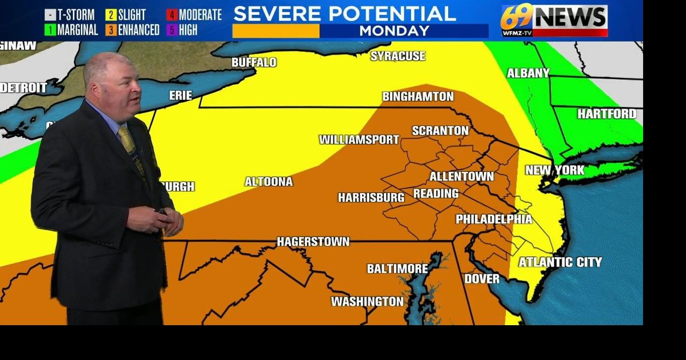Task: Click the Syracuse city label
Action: click(x=398, y=56)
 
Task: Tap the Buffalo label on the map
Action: click(x=254, y=63)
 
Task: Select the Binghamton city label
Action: click(x=417, y=97)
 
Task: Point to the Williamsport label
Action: click(x=359, y=140)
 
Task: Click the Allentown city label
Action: click(x=461, y=176)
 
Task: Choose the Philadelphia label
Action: click(x=494, y=219)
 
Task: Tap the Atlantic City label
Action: click(x=560, y=262)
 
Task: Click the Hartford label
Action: click(x=607, y=114)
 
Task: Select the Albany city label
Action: click(x=528, y=73)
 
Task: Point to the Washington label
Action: click(x=367, y=302)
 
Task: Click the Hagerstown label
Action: click(x=313, y=242)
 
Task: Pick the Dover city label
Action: click(x=481, y=279)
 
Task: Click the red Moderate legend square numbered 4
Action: click(x=171, y=15)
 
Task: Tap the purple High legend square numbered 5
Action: click(x=171, y=30)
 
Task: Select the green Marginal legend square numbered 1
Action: click(x=50, y=30)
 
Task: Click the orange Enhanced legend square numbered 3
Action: click(x=111, y=30)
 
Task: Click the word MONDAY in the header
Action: click(x=394, y=31)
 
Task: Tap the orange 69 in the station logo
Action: click(x=517, y=18)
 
